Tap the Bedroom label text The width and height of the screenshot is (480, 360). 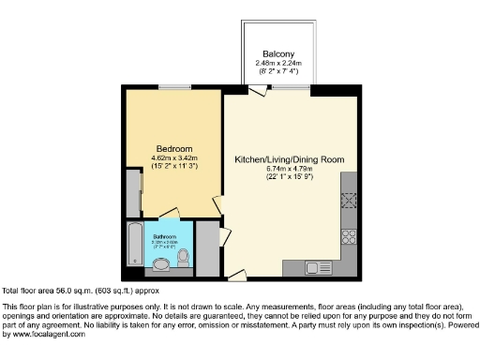[174, 149]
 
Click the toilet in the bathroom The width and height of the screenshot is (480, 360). [184, 256]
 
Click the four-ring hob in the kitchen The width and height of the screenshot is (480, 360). [350, 234]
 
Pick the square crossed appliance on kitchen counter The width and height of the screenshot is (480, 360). [350, 200]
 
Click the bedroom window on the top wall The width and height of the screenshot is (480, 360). [172, 88]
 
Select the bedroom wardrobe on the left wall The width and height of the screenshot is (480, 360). [132, 193]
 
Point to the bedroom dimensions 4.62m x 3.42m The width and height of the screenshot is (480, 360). [174, 158]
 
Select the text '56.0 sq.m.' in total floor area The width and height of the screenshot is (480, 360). [68, 292]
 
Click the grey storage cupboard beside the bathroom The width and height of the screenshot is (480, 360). [208, 251]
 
